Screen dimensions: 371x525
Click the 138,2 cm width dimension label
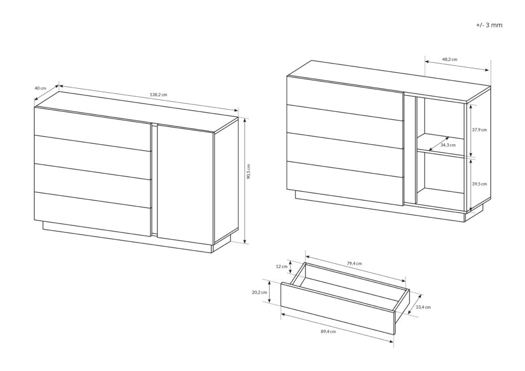158,95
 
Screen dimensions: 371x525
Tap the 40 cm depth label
40,88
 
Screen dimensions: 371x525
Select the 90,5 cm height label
249,172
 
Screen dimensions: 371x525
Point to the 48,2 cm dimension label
449,59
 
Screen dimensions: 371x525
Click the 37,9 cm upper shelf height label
479,130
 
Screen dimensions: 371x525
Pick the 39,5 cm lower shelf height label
479,183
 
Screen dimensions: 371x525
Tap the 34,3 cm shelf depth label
448,145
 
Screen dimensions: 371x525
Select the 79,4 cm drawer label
354,263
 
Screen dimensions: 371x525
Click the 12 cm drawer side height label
281,266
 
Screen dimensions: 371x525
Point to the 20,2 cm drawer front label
259,293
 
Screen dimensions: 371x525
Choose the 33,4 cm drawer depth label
423,307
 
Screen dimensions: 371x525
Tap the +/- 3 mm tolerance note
489,25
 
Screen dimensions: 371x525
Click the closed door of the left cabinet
185,183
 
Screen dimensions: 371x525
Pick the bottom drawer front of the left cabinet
93,214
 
